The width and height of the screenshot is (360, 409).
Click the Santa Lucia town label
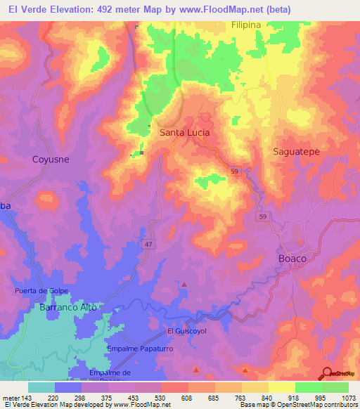185,131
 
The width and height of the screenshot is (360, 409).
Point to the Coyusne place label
51,160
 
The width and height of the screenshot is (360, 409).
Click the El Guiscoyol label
186,331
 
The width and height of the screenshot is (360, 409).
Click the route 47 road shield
149,244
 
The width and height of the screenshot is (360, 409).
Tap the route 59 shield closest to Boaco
261,217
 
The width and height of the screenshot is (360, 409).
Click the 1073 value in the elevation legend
348,397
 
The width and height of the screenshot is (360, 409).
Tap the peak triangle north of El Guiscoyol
184,285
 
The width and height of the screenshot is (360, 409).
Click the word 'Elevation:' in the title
74,9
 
